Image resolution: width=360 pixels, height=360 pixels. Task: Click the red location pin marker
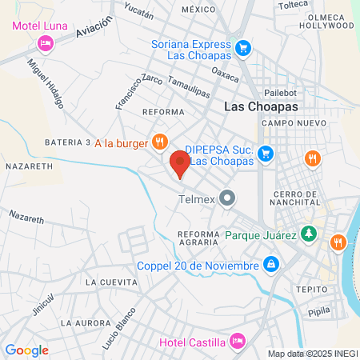coord(180,164)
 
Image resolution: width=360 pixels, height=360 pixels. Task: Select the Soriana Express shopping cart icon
coord(242,49)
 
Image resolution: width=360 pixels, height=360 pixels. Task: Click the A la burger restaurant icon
coord(159,142)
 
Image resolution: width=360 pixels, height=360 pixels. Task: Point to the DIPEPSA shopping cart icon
coord(267,154)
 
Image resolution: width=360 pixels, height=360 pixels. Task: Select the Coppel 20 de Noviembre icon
coord(271,265)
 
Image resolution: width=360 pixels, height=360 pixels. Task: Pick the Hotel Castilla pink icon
coord(237,342)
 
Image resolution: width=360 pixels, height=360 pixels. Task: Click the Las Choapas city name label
coord(261,106)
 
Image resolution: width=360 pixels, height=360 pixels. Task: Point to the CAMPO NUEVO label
coord(294,123)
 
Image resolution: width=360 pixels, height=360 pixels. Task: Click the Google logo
coord(26,350)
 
